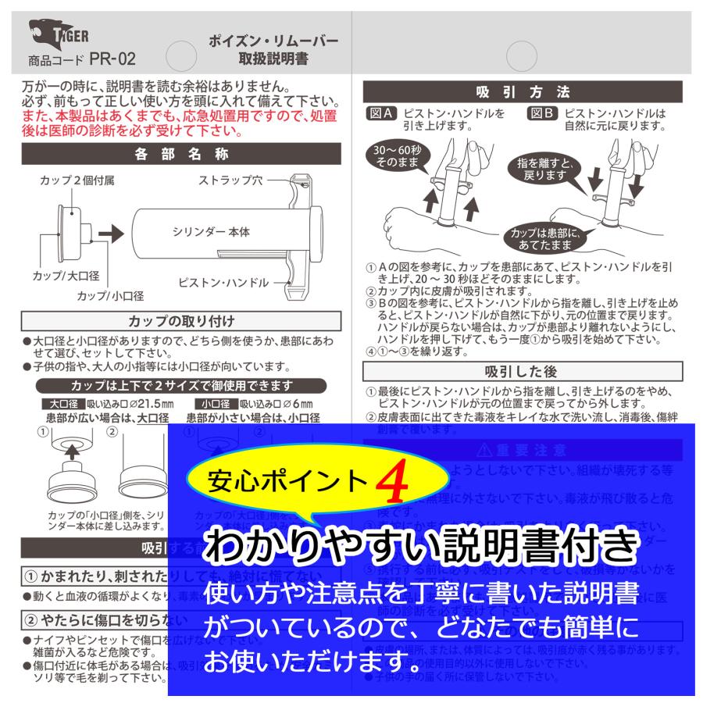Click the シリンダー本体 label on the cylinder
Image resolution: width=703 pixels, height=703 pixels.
pyautogui.click(x=211, y=232)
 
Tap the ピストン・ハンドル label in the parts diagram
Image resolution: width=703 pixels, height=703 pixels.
pyautogui.click(x=223, y=282)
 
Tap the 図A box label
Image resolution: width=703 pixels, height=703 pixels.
pyautogui.click(x=382, y=113)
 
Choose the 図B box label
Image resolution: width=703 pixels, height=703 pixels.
pyautogui.click(x=543, y=113)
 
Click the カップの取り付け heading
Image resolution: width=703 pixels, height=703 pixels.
pyautogui.click(x=181, y=321)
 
